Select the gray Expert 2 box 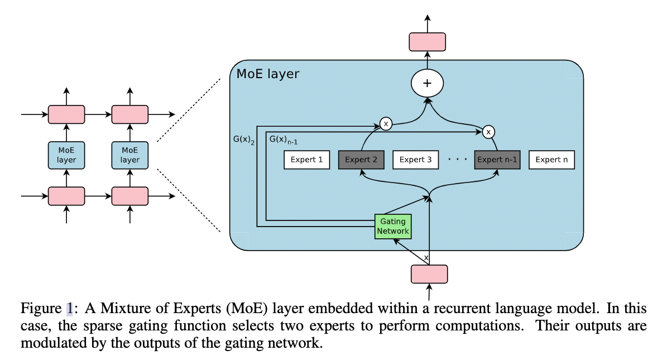coord(361,160)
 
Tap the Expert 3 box coord(416,160)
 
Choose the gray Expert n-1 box coord(497,160)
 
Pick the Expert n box coord(551,160)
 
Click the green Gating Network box coord(393,227)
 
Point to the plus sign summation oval coord(428,84)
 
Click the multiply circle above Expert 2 coord(386,122)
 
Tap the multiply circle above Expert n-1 coord(489,132)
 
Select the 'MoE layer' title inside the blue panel coord(268,74)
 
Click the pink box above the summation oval coord(428,42)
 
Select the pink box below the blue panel coord(429,274)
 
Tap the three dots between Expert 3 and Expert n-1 coord(457,160)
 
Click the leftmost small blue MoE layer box coord(66,155)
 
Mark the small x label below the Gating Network coord(426,258)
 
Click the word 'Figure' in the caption coord(41,308)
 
